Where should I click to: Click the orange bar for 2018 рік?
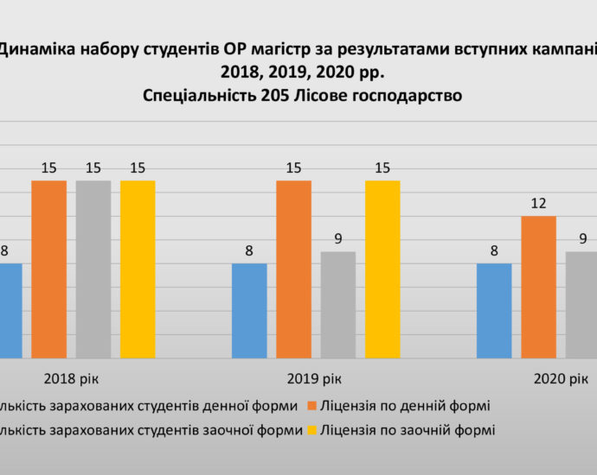(49, 269)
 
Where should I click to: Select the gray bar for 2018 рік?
(93, 269)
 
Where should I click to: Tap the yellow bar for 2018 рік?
(138, 269)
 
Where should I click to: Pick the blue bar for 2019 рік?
(249, 310)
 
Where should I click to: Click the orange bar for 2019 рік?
(294, 269)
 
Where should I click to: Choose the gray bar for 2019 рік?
(338, 304)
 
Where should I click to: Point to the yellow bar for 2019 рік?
(382, 269)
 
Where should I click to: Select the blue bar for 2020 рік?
(494, 310)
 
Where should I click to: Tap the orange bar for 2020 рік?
(539, 287)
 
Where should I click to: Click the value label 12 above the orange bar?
(539, 204)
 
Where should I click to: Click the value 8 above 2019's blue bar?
(249, 251)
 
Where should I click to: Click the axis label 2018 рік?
(71, 379)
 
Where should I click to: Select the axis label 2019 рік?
(316, 379)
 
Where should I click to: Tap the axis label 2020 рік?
(561, 379)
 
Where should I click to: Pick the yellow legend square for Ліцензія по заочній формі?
(311, 428)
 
